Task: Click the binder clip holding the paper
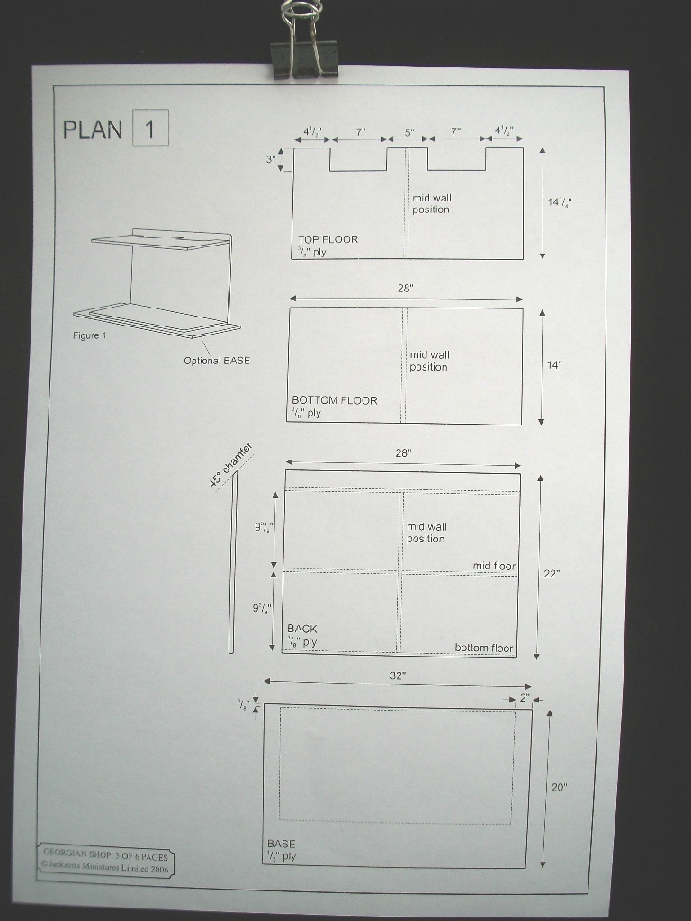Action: [x=303, y=40]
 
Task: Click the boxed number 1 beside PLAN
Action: [x=150, y=128]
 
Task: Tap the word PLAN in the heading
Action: [x=92, y=129]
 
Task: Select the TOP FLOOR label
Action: [x=328, y=239]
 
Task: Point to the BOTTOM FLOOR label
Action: [x=334, y=400]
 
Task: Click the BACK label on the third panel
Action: [x=301, y=629]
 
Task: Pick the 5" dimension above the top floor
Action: [x=408, y=132]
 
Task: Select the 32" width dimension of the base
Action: [x=398, y=675]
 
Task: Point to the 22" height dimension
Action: [x=551, y=573]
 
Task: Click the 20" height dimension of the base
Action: [x=559, y=787]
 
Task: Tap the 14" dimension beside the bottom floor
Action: [x=554, y=365]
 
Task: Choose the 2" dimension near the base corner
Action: [x=525, y=697]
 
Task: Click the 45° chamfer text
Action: [x=231, y=465]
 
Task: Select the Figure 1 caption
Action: [x=90, y=335]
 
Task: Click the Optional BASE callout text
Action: [x=217, y=361]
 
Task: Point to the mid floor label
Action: [x=494, y=566]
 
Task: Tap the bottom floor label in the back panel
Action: [x=483, y=648]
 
